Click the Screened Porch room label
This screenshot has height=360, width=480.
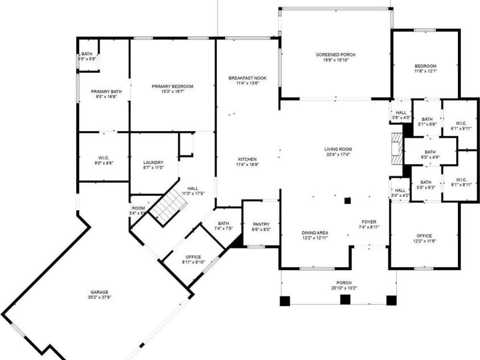[335, 55]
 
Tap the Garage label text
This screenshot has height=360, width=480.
[99, 292]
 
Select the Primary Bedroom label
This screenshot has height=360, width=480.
[172, 87]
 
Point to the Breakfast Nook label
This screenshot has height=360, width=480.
[247, 78]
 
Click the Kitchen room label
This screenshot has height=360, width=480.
[247, 159]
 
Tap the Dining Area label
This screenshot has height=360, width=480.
[315, 232]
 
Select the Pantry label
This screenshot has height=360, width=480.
[261, 224]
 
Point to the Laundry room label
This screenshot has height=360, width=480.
[153, 162]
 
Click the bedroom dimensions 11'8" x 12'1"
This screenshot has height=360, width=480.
[425, 71]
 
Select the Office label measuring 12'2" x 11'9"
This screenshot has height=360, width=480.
[424, 236]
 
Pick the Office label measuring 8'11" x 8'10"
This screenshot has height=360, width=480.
[193, 257]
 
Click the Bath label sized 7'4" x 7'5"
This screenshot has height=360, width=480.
[223, 223]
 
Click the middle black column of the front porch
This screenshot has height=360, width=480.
[344, 300]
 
